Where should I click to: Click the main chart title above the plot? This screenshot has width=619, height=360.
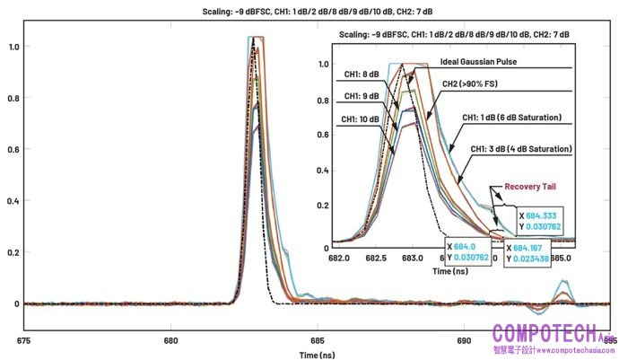[309, 12]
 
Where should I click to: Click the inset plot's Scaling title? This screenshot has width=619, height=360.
[455, 33]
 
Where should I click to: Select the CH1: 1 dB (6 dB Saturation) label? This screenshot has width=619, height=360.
[511, 118]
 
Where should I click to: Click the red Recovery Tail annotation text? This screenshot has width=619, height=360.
[533, 187]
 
